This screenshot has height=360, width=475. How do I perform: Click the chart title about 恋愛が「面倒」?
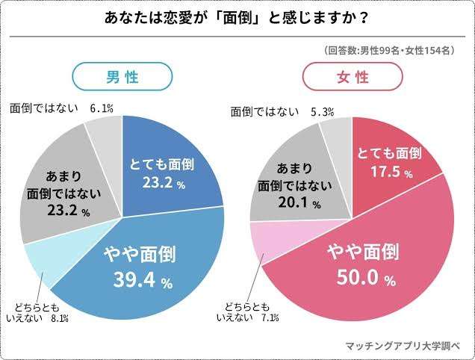(237, 16)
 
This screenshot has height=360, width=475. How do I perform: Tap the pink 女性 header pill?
(353, 76)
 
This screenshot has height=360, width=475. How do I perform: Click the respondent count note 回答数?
(388, 51)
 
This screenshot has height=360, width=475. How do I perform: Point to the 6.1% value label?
(101, 109)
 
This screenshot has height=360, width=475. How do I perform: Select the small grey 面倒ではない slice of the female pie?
(333, 138)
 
